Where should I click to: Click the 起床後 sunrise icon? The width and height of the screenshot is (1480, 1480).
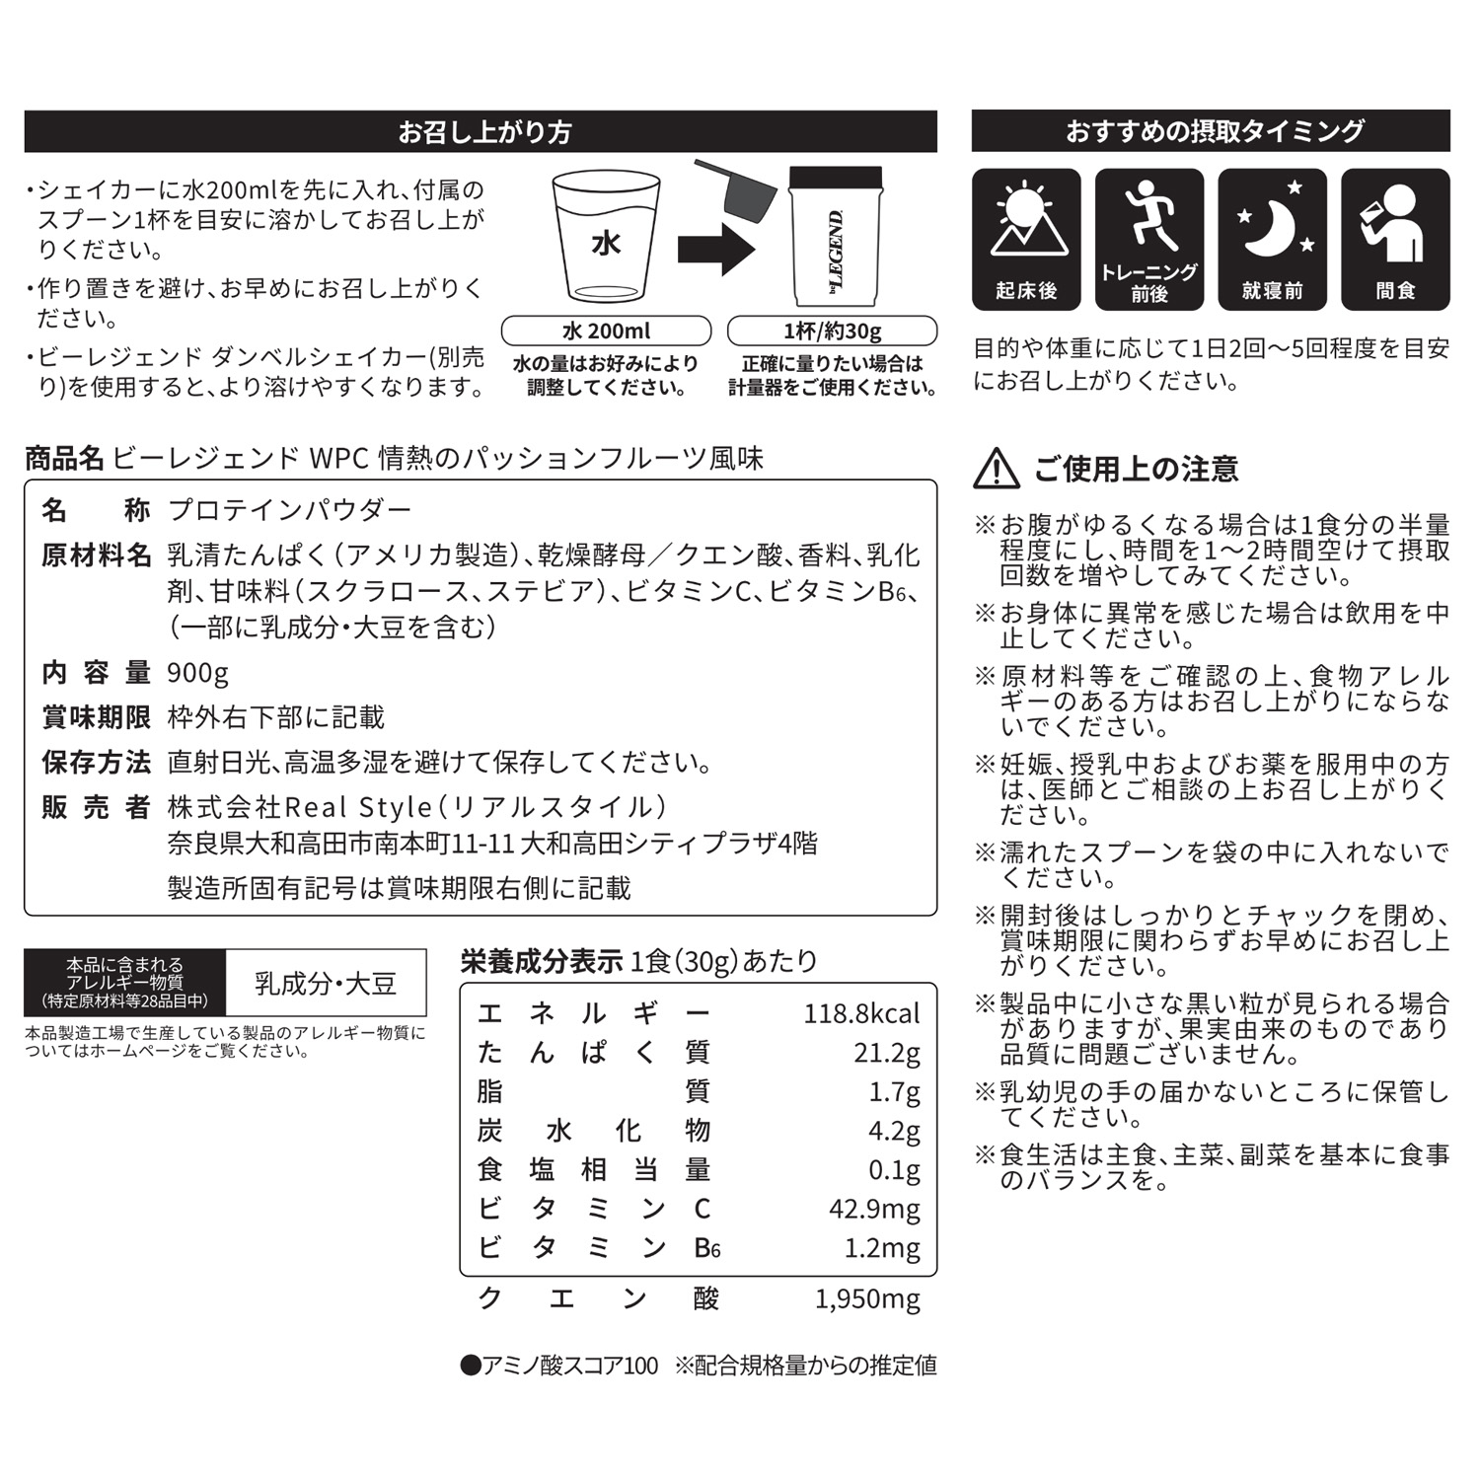[x=1026, y=222]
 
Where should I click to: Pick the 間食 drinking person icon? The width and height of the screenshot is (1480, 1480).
[x=1394, y=222]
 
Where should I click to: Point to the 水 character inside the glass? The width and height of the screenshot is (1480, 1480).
[x=605, y=243]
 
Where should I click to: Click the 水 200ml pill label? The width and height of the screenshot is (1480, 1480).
[x=606, y=331]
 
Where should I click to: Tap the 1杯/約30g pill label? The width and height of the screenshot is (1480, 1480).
[x=832, y=331]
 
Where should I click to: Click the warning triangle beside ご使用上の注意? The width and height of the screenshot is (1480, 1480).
[x=997, y=469]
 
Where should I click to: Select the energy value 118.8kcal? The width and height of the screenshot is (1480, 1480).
[x=860, y=1013]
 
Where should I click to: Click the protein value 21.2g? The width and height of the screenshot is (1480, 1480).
[x=886, y=1053]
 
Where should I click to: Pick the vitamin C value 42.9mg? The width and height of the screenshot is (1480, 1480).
[x=874, y=1209]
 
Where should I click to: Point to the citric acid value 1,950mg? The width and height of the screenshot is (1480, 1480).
[x=867, y=1298]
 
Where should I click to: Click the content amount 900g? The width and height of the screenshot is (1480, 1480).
[x=197, y=673]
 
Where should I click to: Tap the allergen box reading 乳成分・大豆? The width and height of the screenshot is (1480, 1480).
[x=326, y=983]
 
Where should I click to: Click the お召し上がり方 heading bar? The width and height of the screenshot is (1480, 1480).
[x=481, y=131]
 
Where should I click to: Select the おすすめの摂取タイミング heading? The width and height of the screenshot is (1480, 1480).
[x=1211, y=131]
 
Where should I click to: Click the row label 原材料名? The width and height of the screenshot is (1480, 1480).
[x=96, y=555]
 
